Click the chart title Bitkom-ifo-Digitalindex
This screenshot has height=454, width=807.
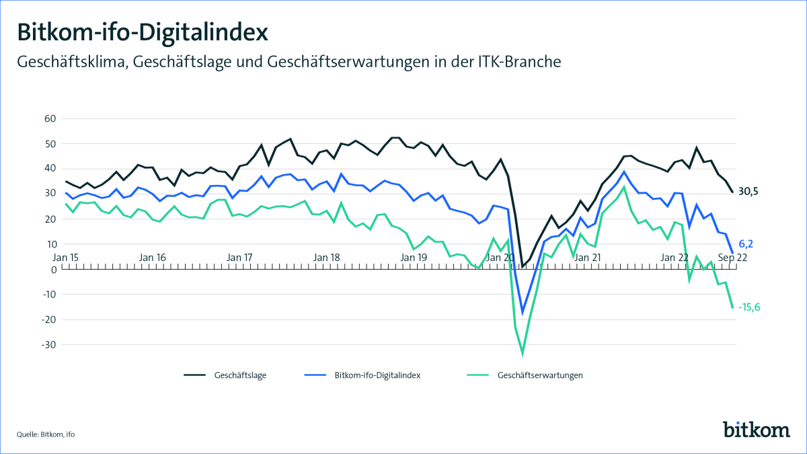(x=142, y=32)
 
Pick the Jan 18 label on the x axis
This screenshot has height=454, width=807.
(x=327, y=257)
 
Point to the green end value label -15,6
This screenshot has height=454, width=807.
(x=754, y=307)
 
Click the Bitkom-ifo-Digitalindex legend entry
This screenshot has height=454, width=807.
(x=377, y=375)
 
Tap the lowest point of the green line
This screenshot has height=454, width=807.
(x=523, y=352)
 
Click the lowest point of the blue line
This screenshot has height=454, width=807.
(x=523, y=313)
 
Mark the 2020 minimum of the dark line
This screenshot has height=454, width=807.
(x=523, y=266)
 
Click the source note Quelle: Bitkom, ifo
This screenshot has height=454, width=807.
(x=46, y=434)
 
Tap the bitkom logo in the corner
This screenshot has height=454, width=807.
(x=756, y=428)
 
